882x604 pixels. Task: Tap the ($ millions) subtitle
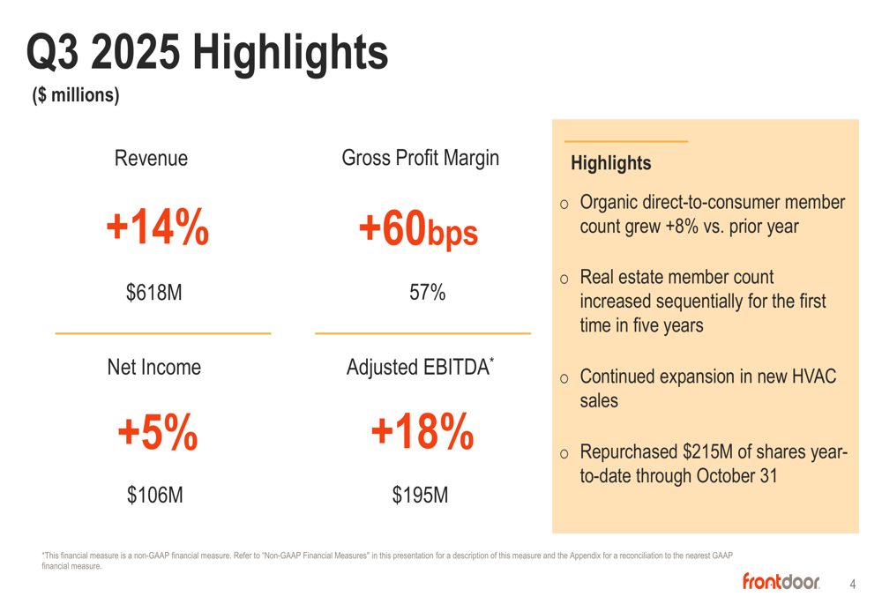click(x=76, y=95)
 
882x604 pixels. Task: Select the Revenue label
click(x=151, y=159)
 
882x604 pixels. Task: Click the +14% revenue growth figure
click(x=157, y=227)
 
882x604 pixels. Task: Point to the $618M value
click(x=154, y=293)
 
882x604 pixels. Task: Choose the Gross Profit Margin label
click(x=420, y=159)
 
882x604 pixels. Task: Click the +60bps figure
click(x=418, y=229)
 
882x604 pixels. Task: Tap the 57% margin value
click(x=427, y=293)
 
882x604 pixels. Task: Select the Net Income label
click(x=153, y=367)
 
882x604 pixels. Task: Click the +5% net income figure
click(x=157, y=432)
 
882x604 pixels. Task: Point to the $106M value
click(x=155, y=496)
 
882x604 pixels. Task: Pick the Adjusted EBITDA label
click(x=420, y=367)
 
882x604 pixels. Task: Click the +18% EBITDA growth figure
click(x=422, y=432)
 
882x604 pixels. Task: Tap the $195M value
click(x=420, y=496)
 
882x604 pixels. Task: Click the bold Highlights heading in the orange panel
click(x=610, y=163)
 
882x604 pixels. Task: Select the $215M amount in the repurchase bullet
click(x=707, y=452)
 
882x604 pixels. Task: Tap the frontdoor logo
click(x=781, y=581)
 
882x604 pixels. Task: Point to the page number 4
click(x=852, y=584)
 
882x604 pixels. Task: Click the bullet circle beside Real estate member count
click(x=564, y=280)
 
